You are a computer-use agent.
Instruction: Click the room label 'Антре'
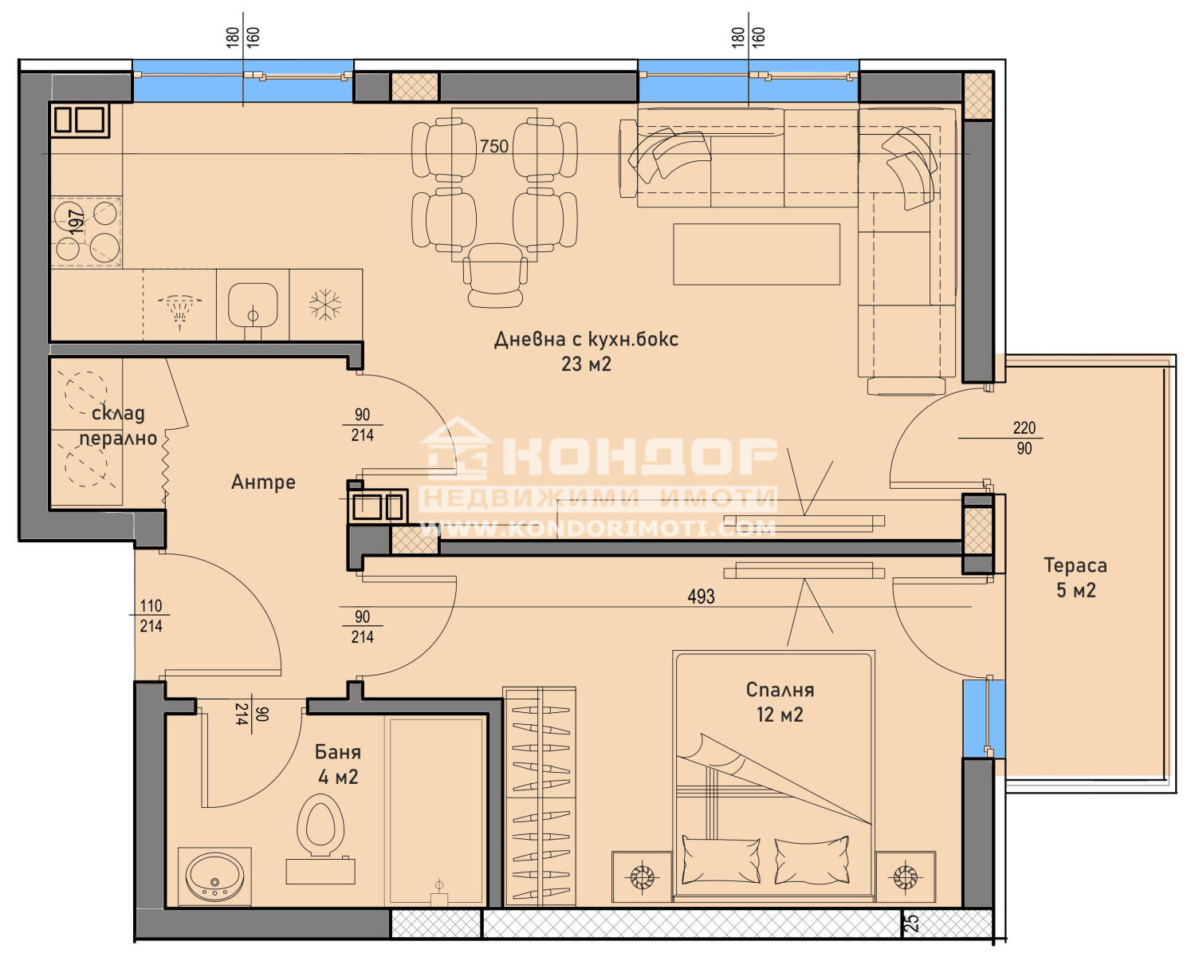pyautogui.click(x=262, y=482)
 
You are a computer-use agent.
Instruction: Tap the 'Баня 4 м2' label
pyautogui.click(x=338, y=764)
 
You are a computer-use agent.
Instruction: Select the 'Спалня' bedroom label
pyautogui.click(x=780, y=690)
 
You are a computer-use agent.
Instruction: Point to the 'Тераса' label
pyautogui.click(x=1075, y=565)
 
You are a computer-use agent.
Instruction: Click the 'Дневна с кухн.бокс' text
pyautogui.click(x=586, y=339)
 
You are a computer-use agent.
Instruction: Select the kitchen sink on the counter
pyautogui.click(x=253, y=305)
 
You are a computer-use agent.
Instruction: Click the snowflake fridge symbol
pyautogui.click(x=325, y=305)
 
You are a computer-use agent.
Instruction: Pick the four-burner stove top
pyautogui.click(x=86, y=231)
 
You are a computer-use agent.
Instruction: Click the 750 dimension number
pyautogui.click(x=493, y=146)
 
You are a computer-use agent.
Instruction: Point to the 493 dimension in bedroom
pyautogui.click(x=701, y=597)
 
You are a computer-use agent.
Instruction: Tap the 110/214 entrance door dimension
pyautogui.click(x=151, y=616)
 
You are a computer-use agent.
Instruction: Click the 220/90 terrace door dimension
pyautogui.click(x=1024, y=438)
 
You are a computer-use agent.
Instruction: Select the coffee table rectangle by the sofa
pyautogui.click(x=757, y=254)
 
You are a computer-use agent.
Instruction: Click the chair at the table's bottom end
pyautogui.click(x=495, y=275)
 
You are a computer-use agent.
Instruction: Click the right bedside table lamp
pyautogui.click(x=905, y=877)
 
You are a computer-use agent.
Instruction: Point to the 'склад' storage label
pyautogui.click(x=118, y=413)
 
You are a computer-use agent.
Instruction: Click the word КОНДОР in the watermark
pyautogui.click(x=639, y=456)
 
